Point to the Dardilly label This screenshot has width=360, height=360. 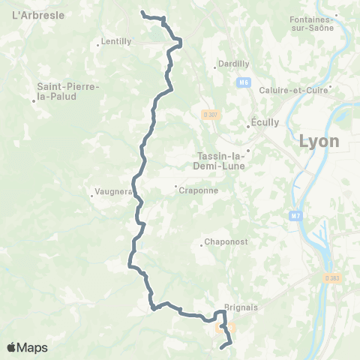(x=232, y=64)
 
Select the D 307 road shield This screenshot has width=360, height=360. (x=210, y=115)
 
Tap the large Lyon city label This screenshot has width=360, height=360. (x=319, y=141)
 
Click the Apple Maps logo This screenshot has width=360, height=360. (x=27, y=347)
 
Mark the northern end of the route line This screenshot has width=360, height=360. (x=142, y=13)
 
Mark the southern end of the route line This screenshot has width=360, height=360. (x=222, y=346)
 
